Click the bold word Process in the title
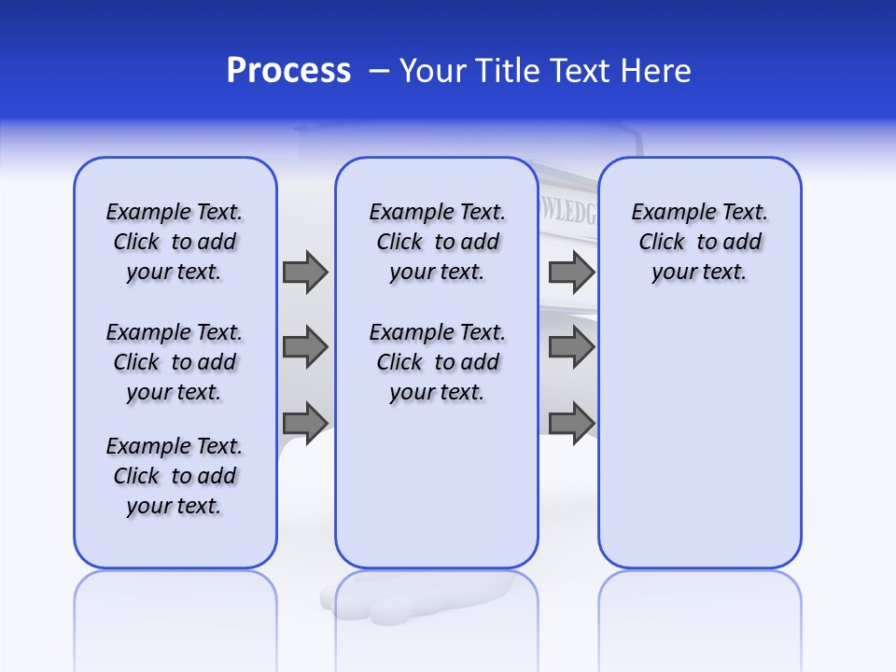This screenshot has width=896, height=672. tap(288, 71)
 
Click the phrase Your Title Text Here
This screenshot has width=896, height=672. tap(545, 71)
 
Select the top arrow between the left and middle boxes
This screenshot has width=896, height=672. tap(304, 272)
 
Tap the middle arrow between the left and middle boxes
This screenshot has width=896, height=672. tap(304, 347)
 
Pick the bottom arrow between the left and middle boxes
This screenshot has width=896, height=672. tap(304, 422)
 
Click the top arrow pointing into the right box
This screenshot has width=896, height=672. tap(571, 272)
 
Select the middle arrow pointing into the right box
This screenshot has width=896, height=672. tap(571, 347)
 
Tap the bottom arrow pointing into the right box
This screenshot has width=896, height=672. tap(571, 422)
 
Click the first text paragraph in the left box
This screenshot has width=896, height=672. tap(175, 242)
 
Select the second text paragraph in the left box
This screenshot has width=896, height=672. tap(175, 362)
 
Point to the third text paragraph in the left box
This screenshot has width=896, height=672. tap(175, 476)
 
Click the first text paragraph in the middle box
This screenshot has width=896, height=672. tap(437, 242)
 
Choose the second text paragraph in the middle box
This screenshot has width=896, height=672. tap(437, 362)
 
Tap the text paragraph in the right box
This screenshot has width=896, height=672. tap(699, 242)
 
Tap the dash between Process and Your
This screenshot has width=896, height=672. tap(379, 71)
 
